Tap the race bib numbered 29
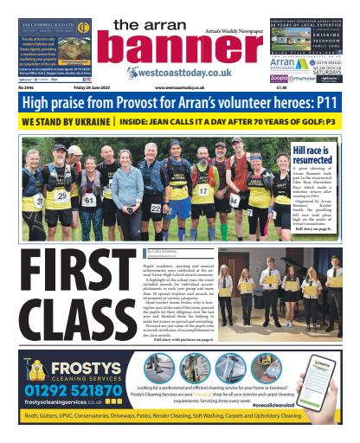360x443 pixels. tap(61, 196)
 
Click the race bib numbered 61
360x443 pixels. tap(87, 199)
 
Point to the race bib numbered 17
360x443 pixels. tap(203, 190)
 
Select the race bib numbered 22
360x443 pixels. tap(156, 208)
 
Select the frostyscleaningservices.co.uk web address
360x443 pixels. tap(54, 402)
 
